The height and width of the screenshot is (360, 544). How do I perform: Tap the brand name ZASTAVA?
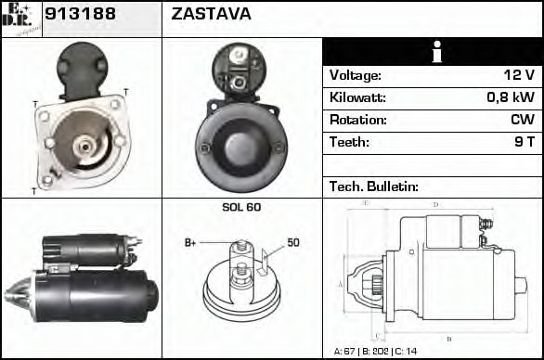click(x=212, y=16)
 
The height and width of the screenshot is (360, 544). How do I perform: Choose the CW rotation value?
click(x=522, y=121)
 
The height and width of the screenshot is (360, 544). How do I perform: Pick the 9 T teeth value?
click(x=525, y=143)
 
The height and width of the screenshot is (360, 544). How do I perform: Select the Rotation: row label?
click(x=357, y=121)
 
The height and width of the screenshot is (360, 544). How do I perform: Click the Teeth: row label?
click(x=349, y=143)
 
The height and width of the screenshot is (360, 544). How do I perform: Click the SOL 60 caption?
click(x=241, y=207)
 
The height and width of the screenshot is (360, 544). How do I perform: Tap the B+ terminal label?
click(x=190, y=242)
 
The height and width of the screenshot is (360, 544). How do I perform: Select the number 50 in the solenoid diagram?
click(x=293, y=242)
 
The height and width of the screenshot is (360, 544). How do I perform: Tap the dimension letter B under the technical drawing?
click(x=449, y=340)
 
